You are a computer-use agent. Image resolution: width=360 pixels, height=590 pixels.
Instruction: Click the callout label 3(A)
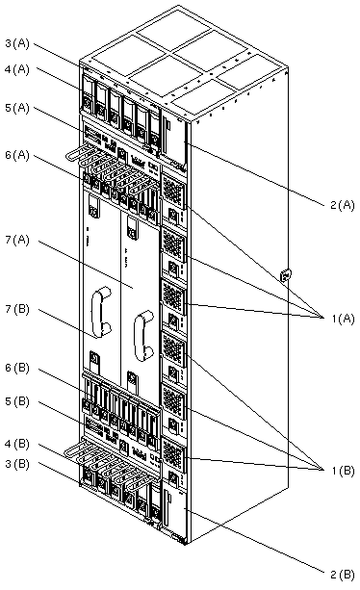point(17,43)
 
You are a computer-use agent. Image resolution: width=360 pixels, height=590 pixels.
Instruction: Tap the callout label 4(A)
point(17,69)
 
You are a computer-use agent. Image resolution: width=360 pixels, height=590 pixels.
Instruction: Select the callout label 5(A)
point(17,108)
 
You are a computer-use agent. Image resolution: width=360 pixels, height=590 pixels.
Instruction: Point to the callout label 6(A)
point(17,155)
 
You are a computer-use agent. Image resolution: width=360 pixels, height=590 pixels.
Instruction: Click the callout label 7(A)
point(17,240)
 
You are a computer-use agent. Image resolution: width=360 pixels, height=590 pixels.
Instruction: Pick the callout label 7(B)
point(17,309)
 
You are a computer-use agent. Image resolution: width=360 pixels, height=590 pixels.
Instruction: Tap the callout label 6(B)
point(17,368)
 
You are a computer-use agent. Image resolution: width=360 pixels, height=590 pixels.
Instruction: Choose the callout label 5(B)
point(17,401)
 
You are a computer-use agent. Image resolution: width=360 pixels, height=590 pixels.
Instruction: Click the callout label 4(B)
point(17,444)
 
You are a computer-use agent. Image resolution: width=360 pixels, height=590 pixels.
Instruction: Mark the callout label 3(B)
point(17,464)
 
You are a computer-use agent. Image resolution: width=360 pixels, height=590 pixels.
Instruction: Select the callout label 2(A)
point(343,205)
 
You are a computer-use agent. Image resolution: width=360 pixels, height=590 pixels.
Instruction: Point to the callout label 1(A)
point(343,319)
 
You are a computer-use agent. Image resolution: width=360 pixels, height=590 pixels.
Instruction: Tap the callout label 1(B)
point(343,471)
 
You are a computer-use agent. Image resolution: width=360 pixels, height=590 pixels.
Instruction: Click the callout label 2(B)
point(343,575)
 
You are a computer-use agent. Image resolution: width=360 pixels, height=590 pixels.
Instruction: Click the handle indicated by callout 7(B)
point(100,312)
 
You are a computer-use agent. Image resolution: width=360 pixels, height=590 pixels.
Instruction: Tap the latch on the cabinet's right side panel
point(286,275)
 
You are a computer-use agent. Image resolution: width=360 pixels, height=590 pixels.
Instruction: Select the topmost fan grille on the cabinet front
point(173,190)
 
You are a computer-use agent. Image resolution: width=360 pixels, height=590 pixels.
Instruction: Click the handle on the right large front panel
point(143,336)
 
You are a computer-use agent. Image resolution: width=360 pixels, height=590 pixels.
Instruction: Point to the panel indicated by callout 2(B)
point(175,514)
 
